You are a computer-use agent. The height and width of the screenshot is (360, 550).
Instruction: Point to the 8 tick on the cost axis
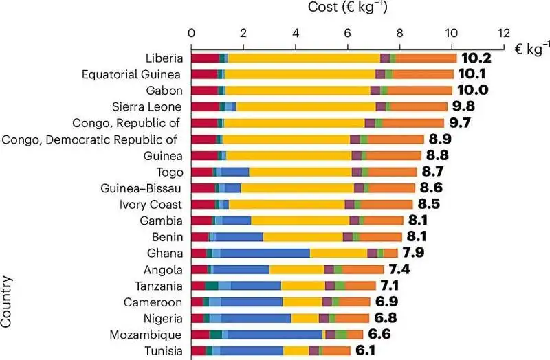(399, 32)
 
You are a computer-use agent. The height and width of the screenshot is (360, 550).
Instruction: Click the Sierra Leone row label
(146, 106)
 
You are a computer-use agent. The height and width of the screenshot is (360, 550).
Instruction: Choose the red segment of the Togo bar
(202, 172)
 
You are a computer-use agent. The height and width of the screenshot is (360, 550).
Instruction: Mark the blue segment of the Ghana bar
(265, 253)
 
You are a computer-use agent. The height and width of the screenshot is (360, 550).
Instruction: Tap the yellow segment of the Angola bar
(296, 269)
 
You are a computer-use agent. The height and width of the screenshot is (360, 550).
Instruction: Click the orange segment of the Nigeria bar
(352, 318)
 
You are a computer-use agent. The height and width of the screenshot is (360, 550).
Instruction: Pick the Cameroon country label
(153, 302)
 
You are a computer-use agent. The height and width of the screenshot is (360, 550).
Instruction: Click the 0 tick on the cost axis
(192, 32)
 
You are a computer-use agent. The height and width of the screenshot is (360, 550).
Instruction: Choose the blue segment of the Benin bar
(240, 237)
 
